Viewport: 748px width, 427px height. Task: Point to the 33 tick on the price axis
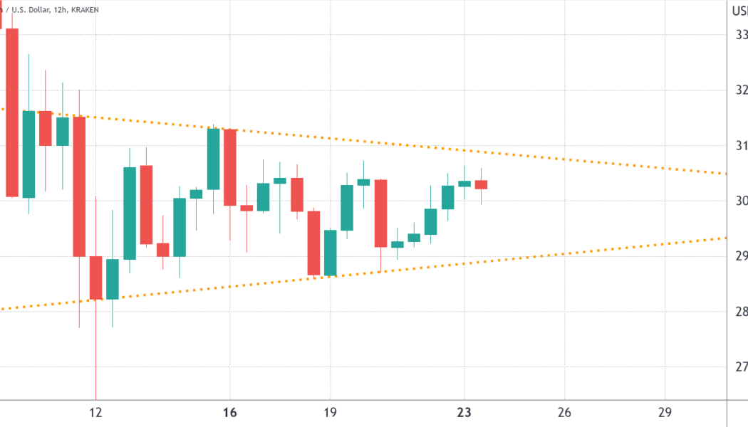coord(742,34)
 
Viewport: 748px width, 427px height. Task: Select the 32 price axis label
coord(742,90)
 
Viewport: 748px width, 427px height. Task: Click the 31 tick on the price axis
coord(742,145)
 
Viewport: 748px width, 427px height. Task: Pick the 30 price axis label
coord(742,201)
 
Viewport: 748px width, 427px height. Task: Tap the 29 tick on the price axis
coord(742,256)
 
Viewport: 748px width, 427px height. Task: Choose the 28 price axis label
coord(742,312)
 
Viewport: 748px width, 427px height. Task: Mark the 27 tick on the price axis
coord(742,367)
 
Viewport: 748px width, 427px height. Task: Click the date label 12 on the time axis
coord(95,412)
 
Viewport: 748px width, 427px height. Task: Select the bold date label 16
coord(230,412)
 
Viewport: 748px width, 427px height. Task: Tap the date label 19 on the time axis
coord(330,412)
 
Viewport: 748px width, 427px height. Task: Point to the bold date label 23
coord(464,412)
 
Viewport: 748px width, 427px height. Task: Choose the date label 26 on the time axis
coord(564,412)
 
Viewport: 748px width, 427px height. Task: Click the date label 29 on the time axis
coord(665,412)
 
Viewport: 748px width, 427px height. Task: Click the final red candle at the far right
coord(481,184)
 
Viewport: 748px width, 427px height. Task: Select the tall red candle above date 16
coord(230,167)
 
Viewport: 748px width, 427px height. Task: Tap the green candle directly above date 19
coord(330,253)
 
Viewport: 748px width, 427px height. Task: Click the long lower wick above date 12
coord(95,356)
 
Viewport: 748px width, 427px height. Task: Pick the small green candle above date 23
coord(464,183)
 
